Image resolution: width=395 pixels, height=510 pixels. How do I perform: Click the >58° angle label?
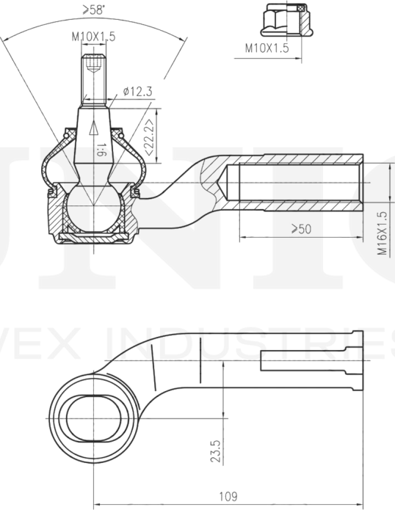[x=94, y=10]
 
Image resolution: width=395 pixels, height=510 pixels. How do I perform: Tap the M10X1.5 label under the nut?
[x=267, y=48]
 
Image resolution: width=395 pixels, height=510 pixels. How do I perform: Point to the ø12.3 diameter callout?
[x=137, y=91]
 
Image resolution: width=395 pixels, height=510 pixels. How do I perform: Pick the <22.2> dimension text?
[x=151, y=136]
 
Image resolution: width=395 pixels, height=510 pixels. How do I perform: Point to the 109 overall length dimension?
[x=228, y=496]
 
